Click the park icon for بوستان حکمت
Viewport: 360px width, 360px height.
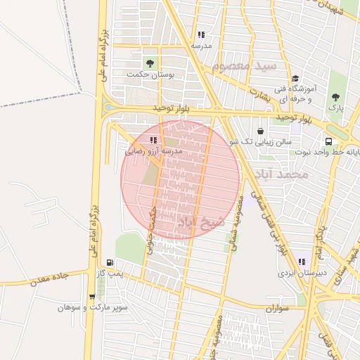tap(148, 63)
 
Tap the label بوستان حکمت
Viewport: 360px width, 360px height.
tap(146, 75)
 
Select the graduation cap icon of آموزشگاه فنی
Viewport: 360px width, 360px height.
tap(295, 79)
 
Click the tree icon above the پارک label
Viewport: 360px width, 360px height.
tap(335, 97)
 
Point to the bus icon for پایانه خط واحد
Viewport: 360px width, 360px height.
tap(328, 141)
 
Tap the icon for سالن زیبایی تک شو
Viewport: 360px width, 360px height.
tap(261, 131)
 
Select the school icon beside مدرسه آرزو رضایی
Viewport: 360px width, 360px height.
tap(153, 140)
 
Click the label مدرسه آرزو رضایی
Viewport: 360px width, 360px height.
tap(153, 151)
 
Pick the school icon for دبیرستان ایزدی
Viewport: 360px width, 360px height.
tap(302, 262)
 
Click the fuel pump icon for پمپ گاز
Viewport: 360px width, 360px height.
tap(109, 262)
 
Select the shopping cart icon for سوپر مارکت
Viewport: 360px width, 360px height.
tap(91, 297)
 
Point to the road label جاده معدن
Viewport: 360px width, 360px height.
tap(49, 280)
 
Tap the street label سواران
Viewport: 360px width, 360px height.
tap(278, 309)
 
